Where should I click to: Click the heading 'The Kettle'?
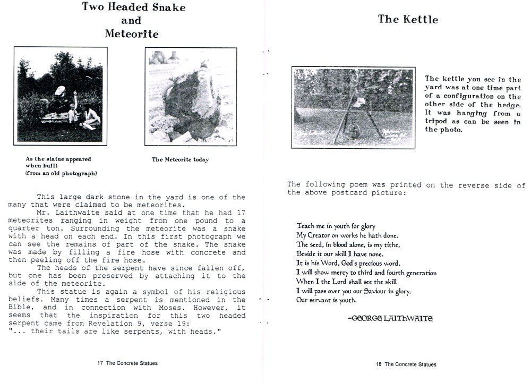coord(408,20)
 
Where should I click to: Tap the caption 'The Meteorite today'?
coord(180,159)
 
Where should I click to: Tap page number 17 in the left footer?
coord(100,363)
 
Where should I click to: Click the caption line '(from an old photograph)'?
coord(61,173)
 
